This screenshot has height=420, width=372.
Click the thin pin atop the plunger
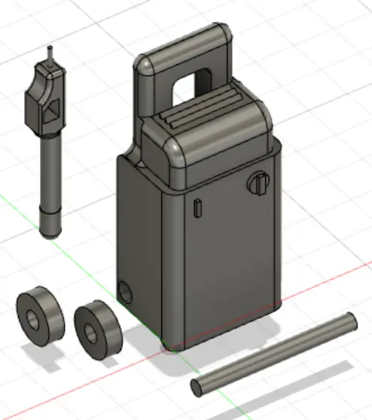pos(50,55)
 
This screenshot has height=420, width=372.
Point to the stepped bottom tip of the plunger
pos(49,225)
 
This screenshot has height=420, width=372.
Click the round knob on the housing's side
pos(258,183)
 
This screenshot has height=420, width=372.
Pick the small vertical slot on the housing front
pos(197,207)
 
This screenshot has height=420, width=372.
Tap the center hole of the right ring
pos(91,332)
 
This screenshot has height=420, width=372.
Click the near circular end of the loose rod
pos(198,387)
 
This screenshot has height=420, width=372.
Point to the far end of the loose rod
pos(349,319)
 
